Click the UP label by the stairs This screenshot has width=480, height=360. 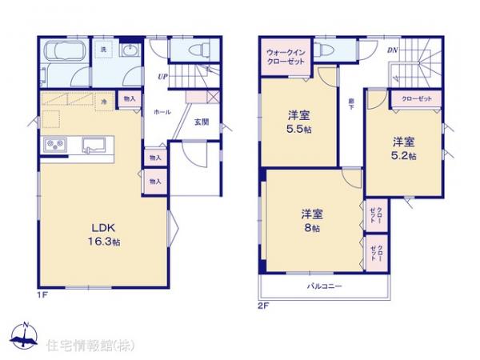tap(162, 78)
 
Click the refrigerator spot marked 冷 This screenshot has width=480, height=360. tap(104, 102)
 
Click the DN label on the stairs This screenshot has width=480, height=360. tap(393, 52)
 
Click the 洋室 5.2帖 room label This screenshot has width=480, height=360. tap(403, 149)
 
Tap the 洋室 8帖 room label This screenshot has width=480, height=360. tap(311, 220)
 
